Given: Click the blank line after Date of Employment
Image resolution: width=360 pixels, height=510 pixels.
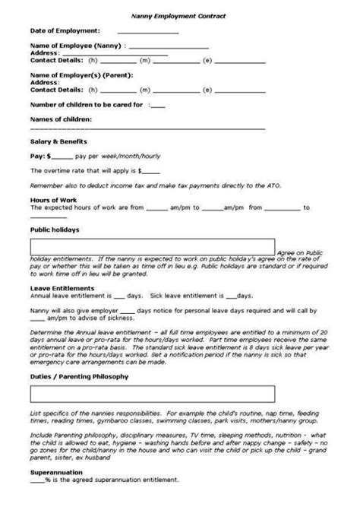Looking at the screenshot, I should (150, 32).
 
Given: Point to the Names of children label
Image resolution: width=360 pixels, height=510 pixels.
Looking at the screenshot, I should (61, 120).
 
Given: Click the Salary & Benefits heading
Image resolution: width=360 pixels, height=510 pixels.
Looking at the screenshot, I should (58, 141).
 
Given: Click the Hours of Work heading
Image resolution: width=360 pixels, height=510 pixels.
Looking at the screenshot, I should (51, 198).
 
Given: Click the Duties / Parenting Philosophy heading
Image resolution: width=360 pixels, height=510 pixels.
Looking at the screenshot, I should (79, 375).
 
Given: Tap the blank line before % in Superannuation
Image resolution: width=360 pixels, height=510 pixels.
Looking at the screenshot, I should (37, 480).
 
